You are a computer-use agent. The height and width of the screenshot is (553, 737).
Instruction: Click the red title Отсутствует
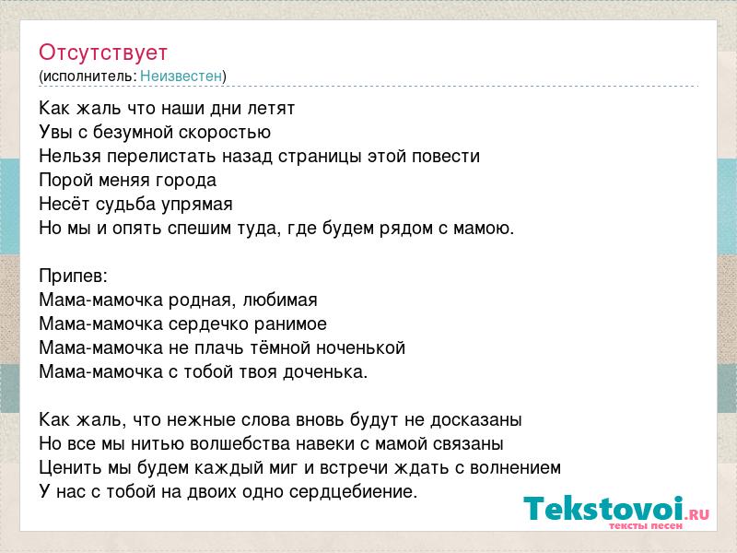[103, 53]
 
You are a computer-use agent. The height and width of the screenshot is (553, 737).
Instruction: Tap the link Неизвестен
[181, 76]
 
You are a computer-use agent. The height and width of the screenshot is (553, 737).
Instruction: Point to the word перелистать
[162, 157]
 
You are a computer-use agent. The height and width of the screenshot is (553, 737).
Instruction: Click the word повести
[446, 156]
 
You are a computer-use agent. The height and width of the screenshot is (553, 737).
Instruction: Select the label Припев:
[74, 276]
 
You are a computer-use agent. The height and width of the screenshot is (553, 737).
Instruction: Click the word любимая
[280, 300]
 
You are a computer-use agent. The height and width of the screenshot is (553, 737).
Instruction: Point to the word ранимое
[290, 324]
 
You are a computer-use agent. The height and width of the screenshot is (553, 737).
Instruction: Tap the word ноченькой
[360, 348]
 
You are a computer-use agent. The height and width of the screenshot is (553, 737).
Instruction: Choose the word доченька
[325, 372]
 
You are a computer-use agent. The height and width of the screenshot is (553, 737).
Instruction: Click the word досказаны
[476, 420]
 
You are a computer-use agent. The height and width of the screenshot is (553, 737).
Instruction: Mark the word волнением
[515, 468]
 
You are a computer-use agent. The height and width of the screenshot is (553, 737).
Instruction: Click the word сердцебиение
[353, 492]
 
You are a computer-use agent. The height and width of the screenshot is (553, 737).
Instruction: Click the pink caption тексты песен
[646, 525]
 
